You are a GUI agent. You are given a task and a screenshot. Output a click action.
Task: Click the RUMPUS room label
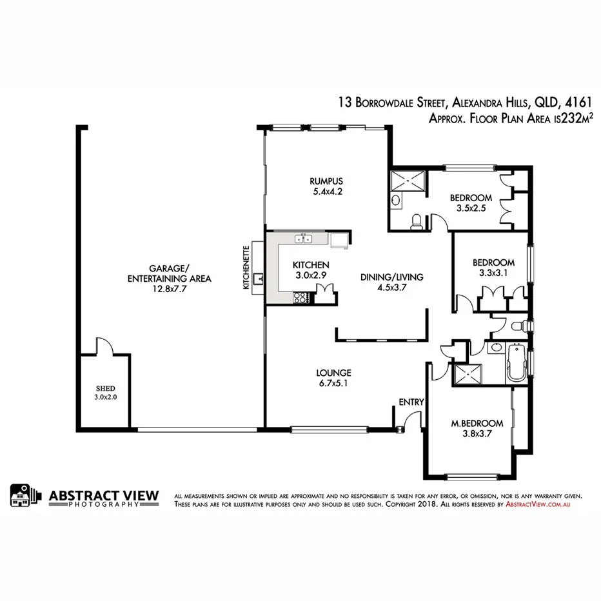[325, 181]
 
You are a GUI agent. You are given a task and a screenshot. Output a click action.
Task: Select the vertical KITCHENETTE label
[246, 268]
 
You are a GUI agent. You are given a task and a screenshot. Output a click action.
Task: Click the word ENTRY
[411, 402]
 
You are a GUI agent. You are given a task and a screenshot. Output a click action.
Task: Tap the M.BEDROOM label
[477, 423]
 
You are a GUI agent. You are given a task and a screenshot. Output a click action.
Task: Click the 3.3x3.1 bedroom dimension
[493, 273]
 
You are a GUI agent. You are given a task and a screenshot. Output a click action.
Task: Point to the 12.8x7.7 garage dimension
[171, 290]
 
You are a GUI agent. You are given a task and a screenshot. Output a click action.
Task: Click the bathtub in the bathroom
[516, 364]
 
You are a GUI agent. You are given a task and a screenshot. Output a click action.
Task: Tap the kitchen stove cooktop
[301, 297]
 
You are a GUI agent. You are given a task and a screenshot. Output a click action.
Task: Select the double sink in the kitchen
[304, 239]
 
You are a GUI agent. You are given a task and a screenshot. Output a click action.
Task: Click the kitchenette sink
[259, 279]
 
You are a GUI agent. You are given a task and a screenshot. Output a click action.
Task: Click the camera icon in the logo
[23, 495]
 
